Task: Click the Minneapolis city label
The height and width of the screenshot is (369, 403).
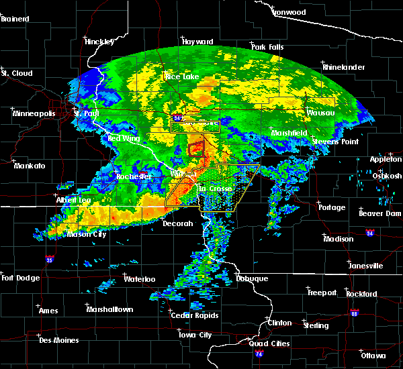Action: point(33,113)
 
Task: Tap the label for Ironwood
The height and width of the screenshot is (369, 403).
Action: point(289,12)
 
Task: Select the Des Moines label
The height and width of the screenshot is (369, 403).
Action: point(58,340)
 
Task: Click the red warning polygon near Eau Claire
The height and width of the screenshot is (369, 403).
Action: point(195,146)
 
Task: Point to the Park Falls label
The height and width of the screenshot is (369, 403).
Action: point(267,47)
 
